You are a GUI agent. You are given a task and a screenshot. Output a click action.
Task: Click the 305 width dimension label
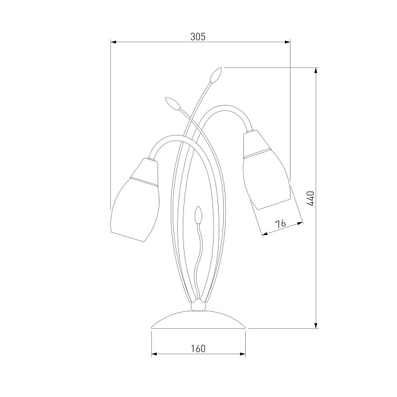[198, 37]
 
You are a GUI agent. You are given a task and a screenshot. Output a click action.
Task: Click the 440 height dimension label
[311, 198]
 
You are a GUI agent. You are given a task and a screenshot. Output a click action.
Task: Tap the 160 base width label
[198, 348]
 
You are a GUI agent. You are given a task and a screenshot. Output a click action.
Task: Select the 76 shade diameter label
[280, 224]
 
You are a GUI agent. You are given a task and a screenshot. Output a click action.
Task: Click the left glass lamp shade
[135, 200]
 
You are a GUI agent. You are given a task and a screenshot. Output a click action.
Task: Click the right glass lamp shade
[267, 170]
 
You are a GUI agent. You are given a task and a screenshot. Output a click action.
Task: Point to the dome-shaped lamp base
[198, 319]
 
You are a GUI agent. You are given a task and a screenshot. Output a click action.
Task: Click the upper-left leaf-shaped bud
[173, 103]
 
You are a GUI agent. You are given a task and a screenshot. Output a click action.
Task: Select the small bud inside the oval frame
[198, 214]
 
